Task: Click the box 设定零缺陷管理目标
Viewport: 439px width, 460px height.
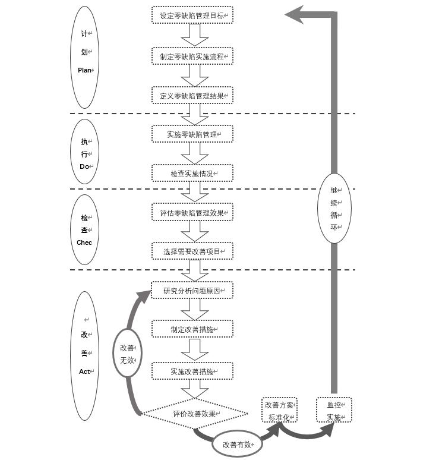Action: click(x=192, y=15)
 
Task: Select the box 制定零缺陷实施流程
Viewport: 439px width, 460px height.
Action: click(x=192, y=56)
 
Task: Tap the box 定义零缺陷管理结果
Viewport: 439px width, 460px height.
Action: click(x=192, y=95)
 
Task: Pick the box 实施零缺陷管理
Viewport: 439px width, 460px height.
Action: click(x=192, y=134)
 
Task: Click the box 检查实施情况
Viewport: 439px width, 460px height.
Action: click(x=192, y=174)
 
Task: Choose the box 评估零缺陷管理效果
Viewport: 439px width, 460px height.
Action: click(x=192, y=212)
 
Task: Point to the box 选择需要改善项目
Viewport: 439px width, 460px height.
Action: click(x=192, y=251)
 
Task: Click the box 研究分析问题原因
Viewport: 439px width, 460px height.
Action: click(x=192, y=291)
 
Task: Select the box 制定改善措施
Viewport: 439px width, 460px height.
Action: click(x=192, y=329)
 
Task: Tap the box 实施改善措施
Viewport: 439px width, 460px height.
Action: click(x=192, y=371)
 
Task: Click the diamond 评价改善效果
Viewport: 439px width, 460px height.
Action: click(x=195, y=414)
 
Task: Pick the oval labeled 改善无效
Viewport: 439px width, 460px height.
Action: click(x=128, y=354)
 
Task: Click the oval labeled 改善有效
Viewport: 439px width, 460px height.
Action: click(x=238, y=444)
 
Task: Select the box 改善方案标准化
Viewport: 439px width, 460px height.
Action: click(x=279, y=410)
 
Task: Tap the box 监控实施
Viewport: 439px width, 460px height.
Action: click(x=334, y=410)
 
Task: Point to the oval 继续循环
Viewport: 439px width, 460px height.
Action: click(x=334, y=208)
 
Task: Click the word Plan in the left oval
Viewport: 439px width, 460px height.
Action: click(x=85, y=70)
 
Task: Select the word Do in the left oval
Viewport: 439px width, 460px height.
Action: click(x=84, y=166)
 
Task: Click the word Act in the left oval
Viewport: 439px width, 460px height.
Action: click(x=84, y=371)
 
